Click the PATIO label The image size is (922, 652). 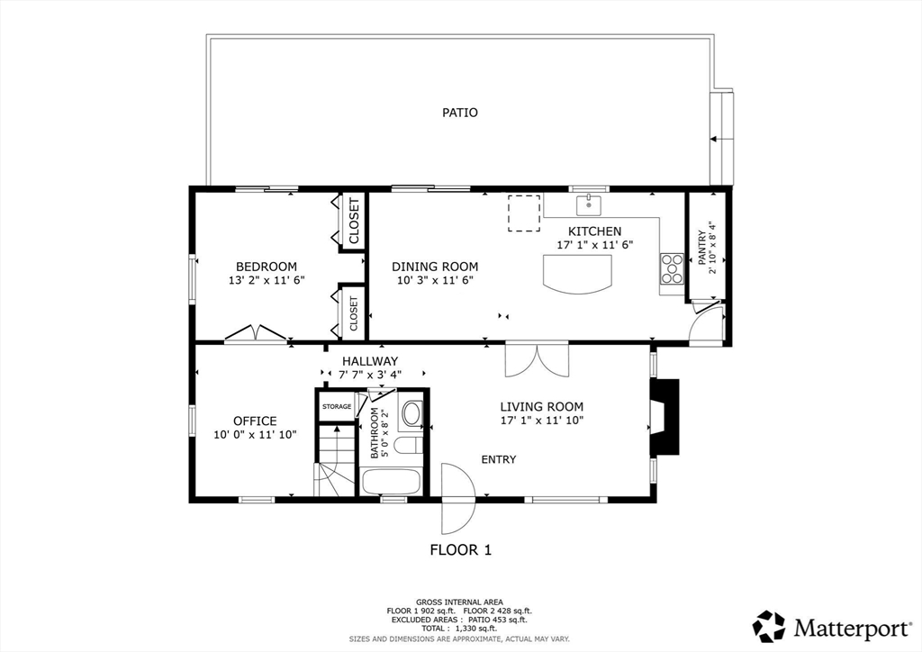pos(459,113)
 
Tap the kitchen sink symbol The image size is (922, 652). pos(589,204)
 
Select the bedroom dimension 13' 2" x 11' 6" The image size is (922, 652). pos(267,280)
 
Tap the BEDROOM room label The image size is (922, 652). pos(267,267)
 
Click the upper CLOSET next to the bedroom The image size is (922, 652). pos(353,222)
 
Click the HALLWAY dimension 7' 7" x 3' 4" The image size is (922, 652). pos(370,374)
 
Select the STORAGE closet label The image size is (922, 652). pos(337,407)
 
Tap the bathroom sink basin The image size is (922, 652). pos(411,414)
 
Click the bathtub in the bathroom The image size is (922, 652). pos(390,481)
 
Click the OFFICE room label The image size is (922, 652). pos(255,421)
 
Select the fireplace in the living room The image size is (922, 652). pos(664,417)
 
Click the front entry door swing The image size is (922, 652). pos(457,498)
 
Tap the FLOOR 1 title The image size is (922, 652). pos(460,549)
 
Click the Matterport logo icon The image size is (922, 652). pos(769,625)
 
